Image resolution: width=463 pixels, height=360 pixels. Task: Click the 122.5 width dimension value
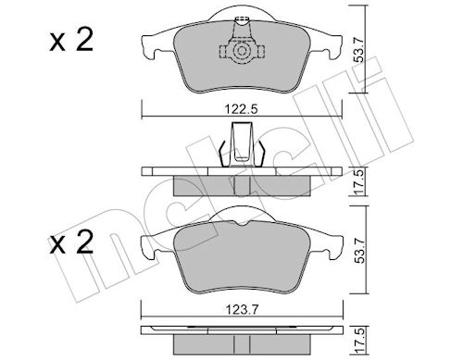point(241,109)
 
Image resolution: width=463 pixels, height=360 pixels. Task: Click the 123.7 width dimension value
point(242,309)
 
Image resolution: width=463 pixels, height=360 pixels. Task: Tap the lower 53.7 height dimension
point(359,249)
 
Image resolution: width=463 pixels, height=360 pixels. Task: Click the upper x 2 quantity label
point(71,41)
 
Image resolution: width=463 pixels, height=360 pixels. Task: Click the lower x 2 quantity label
point(71,242)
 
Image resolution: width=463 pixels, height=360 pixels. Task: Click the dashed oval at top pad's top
point(242,19)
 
